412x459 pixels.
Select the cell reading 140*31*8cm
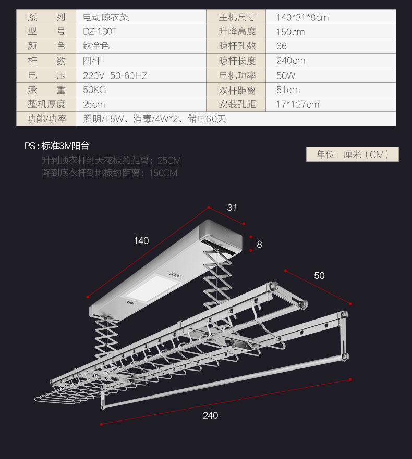pyautogui.click(x=302, y=17)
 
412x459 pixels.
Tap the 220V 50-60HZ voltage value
pyautogui.click(x=115, y=75)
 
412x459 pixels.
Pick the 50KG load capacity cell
pyautogui.click(x=94, y=90)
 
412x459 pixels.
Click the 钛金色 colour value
pyautogui.click(x=96, y=46)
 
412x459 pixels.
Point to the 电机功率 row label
pyautogui.click(x=237, y=75)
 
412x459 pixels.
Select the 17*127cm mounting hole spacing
pyautogui.click(x=297, y=104)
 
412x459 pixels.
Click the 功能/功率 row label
pyautogui.click(x=47, y=119)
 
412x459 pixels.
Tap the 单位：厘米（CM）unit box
pyautogui.click(x=352, y=155)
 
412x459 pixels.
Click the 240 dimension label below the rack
pyautogui.click(x=210, y=415)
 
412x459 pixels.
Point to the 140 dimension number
pyautogui.click(x=141, y=240)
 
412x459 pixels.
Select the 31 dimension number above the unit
pyautogui.click(x=232, y=207)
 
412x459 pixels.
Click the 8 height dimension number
pyautogui.click(x=259, y=243)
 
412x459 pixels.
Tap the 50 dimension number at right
pyautogui.click(x=319, y=275)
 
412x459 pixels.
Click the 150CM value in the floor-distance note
pyautogui.click(x=163, y=173)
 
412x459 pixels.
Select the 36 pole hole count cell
pyautogui.click(x=282, y=46)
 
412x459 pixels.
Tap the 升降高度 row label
pyautogui.click(x=237, y=32)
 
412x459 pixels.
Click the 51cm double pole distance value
pyautogui.click(x=288, y=90)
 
